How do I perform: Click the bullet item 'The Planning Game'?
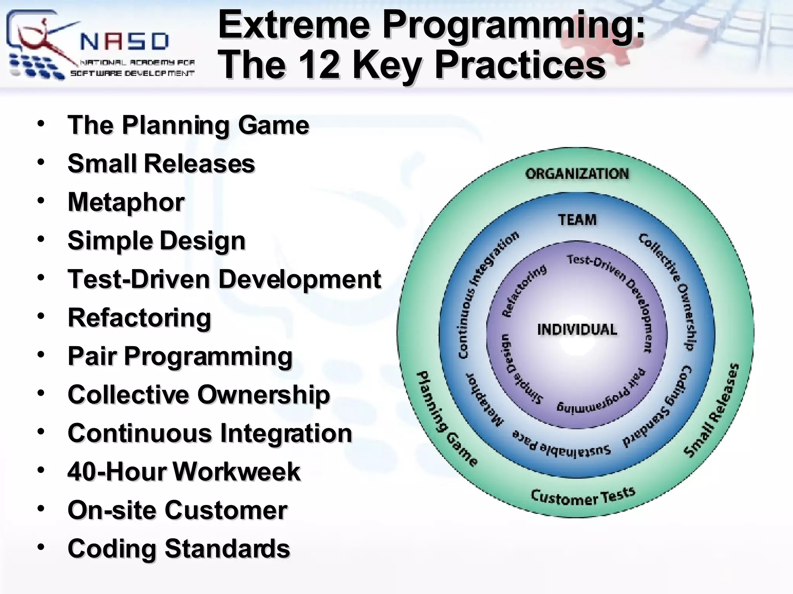coord(188,125)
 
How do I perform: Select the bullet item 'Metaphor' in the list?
coord(126,202)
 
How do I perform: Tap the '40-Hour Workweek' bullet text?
coord(184,472)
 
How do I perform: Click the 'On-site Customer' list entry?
coord(177,510)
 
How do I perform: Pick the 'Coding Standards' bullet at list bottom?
coord(179,549)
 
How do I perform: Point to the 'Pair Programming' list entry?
coord(180,356)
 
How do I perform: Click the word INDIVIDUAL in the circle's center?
coord(577,330)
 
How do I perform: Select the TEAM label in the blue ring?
coord(577,220)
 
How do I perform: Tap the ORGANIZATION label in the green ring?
coord(577,174)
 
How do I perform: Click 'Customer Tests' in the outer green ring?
coord(582,497)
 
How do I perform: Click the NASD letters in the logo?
coord(125,41)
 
